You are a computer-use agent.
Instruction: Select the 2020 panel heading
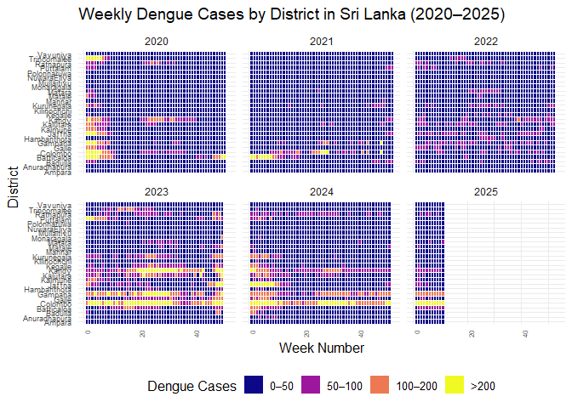click(x=157, y=41)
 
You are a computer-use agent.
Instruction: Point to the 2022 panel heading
click(x=487, y=41)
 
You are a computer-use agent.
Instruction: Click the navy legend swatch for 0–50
click(x=254, y=386)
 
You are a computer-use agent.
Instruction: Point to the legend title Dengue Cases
click(x=192, y=386)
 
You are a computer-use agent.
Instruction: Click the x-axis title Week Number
click(x=322, y=348)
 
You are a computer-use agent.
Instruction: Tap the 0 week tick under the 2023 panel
click(x=89, y=332)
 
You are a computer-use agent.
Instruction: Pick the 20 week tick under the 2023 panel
click(x=142, y=333)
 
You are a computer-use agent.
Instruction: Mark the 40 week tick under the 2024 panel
click(x=362, y=333)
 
